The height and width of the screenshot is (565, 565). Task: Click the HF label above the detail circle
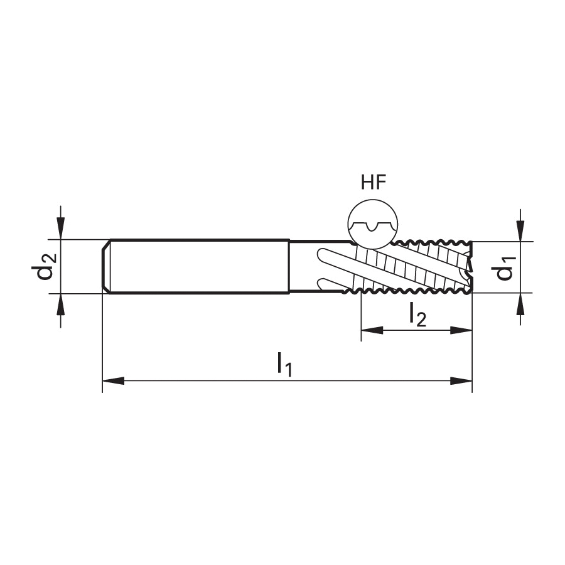374,182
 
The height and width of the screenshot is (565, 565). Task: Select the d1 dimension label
505,267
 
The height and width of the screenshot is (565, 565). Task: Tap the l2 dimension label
417,315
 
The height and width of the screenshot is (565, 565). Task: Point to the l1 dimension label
284,364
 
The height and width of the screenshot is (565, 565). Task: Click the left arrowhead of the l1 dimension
113,380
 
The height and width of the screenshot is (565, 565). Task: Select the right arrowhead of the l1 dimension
461,380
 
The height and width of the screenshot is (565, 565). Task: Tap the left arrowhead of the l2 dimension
372,330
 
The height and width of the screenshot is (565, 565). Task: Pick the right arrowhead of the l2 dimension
461,330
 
